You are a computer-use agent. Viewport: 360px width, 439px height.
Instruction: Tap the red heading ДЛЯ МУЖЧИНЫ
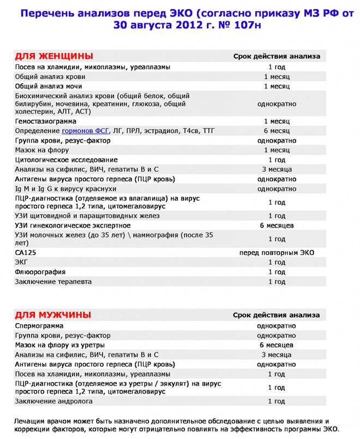point(52,315)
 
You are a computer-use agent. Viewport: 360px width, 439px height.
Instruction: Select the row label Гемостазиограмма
point(45,121)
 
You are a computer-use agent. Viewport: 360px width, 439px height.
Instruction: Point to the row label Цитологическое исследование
point(66,160)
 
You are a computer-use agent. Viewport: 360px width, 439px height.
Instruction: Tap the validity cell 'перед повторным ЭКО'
point(277,253)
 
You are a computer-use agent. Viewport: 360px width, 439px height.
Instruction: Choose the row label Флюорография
point(40,272)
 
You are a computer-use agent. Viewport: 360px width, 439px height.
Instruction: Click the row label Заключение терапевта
point(53,282)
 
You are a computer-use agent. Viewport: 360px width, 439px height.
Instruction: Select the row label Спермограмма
point(39,325)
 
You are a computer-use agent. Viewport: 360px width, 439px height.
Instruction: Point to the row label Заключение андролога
point(53,401)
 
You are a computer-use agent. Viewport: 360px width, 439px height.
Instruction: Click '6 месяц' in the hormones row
point(277,131)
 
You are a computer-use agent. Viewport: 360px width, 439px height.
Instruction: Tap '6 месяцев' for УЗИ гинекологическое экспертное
point(277,226)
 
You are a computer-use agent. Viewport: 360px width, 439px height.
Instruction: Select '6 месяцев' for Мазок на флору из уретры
point(277,345)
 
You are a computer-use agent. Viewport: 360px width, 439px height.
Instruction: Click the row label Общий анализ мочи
point(49,86)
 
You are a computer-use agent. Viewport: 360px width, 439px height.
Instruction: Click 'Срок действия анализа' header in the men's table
point(277,315)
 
